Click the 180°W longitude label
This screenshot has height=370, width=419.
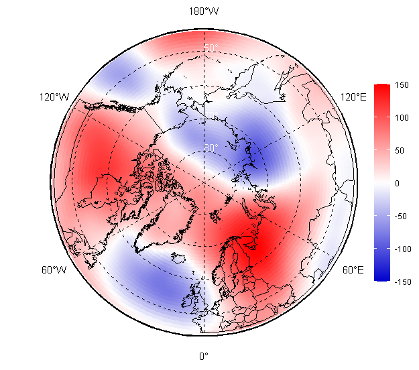point(204,11)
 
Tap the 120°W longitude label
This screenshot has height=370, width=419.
point(54,97)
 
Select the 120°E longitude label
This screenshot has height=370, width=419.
point(353,97)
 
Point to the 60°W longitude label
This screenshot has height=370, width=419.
point(54,270)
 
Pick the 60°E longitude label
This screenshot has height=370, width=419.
point(353,270)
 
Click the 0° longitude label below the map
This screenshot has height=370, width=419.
point(204,356)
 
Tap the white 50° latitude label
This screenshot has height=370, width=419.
point(211,48)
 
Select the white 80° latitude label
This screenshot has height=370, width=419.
point(211,147)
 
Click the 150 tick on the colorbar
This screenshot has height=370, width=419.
point(402,85)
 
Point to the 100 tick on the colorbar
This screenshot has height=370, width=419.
point(402,118)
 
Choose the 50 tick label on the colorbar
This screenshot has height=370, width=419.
point(400,150)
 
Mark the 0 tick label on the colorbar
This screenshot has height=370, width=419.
point(397,183)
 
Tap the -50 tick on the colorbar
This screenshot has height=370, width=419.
point(402,216)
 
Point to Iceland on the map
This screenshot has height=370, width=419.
point(178,257)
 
